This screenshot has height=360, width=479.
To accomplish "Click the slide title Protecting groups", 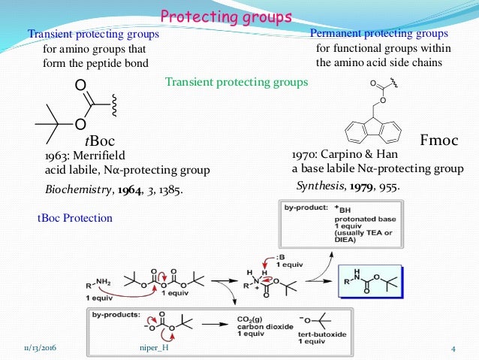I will click(x=227, y=16).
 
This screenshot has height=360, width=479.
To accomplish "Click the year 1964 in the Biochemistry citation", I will click(x=128, y=189).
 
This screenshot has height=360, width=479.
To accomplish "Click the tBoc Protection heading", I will click(x=75, y=218).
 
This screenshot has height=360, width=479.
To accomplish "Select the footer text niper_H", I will click(x=156, y=348).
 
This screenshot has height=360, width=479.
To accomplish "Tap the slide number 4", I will click(x=453, y=348).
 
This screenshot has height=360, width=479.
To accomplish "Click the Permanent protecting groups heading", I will click(x=379, y=34).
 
